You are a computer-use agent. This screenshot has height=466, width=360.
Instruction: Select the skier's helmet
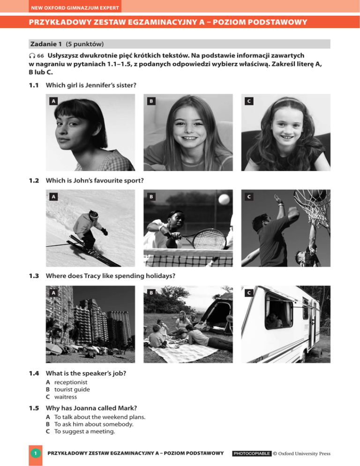[x=93, y=215]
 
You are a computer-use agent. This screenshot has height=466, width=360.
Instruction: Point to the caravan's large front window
[x=278, y=311]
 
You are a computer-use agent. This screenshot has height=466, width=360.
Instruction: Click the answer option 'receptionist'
[x=67, y=382]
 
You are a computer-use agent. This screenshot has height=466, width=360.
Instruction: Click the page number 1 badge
[x=36, y=453]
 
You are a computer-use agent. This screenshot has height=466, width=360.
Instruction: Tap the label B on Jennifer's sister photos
[x=150, y=101]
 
